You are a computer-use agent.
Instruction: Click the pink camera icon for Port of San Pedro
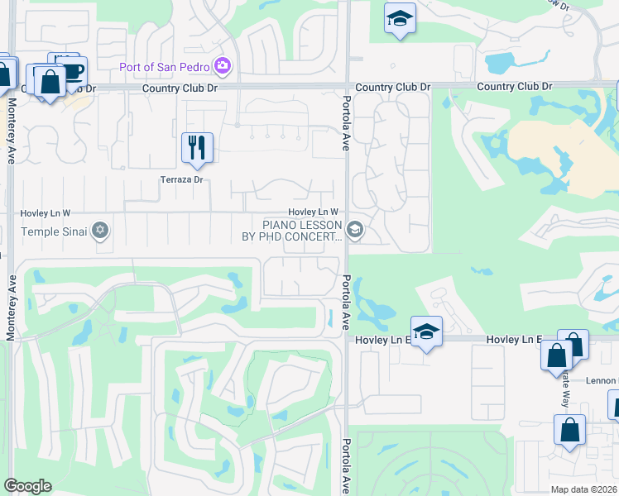[x=222, y=65]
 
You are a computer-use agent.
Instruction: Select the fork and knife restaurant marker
[x=197, y=148]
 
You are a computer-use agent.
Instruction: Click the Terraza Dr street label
[x=181, y=179]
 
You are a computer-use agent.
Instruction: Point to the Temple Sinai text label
[x=54, y=231]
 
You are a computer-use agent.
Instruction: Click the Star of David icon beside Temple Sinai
[x=101, y=231]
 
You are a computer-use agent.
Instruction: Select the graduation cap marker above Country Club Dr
[x=400, y=19]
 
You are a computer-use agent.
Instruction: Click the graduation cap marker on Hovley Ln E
[x=426, y=331]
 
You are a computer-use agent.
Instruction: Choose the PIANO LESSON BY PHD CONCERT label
[x=302, y=231]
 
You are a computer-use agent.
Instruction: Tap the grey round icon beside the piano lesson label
[x=356, y=230]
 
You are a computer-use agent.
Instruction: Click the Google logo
[x=27, y=486]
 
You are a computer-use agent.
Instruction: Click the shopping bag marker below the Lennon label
[x=569, y=430]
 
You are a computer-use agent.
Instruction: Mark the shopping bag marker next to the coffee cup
[x=50, y=81]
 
